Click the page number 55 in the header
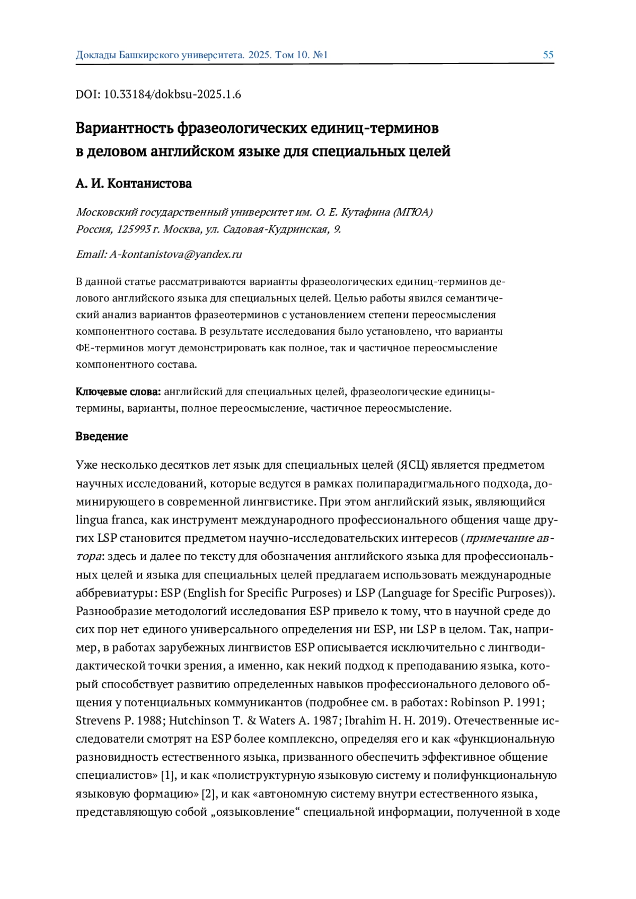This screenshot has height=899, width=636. click(x=548, y=55)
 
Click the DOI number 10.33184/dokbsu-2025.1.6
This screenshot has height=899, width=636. click(x=172, y=94)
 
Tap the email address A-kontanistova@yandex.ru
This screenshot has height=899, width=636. click(x=175, y=254)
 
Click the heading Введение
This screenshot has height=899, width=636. click(x=102, y=437)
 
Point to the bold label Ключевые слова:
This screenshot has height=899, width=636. click(x=118, y=392)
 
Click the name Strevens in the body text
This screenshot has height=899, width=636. click(x=99, y=721)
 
